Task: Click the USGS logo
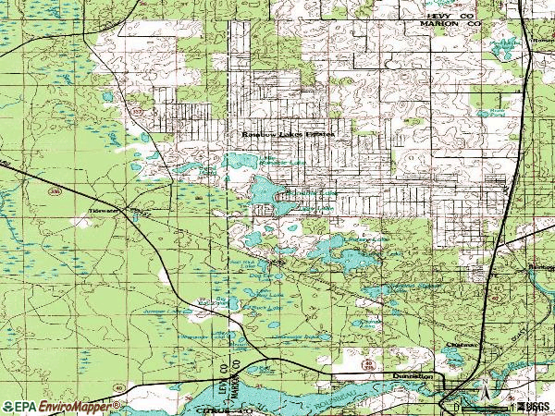pyautogui.click(x=532, y=406)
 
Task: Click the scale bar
pyautogui.click(x=481, y=407)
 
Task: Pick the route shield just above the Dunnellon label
pyautogui.click(x=368, y=367)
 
